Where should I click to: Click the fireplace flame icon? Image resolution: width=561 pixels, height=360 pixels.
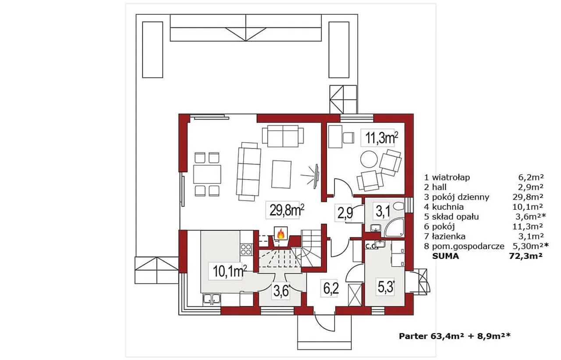pos(281,233)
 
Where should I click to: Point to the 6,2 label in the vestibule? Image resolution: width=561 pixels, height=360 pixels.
pos(331,288)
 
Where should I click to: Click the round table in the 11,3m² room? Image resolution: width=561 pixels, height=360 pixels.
pos(369,159)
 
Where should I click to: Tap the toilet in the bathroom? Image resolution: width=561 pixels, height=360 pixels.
pos(398,206)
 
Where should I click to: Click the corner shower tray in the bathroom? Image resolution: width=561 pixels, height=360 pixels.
pos(394,228)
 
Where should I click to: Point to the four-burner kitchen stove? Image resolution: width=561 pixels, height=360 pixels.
pos(246,250)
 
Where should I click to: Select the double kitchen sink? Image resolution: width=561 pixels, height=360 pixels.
pos(212,299)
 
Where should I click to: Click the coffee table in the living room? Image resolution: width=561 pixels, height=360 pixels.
pos(281,174)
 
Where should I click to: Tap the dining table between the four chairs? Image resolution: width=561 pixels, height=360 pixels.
pos(207,174)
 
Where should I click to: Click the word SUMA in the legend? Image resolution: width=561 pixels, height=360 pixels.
pos(446,256)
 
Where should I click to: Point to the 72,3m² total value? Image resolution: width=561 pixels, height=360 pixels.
pos(526,256)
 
